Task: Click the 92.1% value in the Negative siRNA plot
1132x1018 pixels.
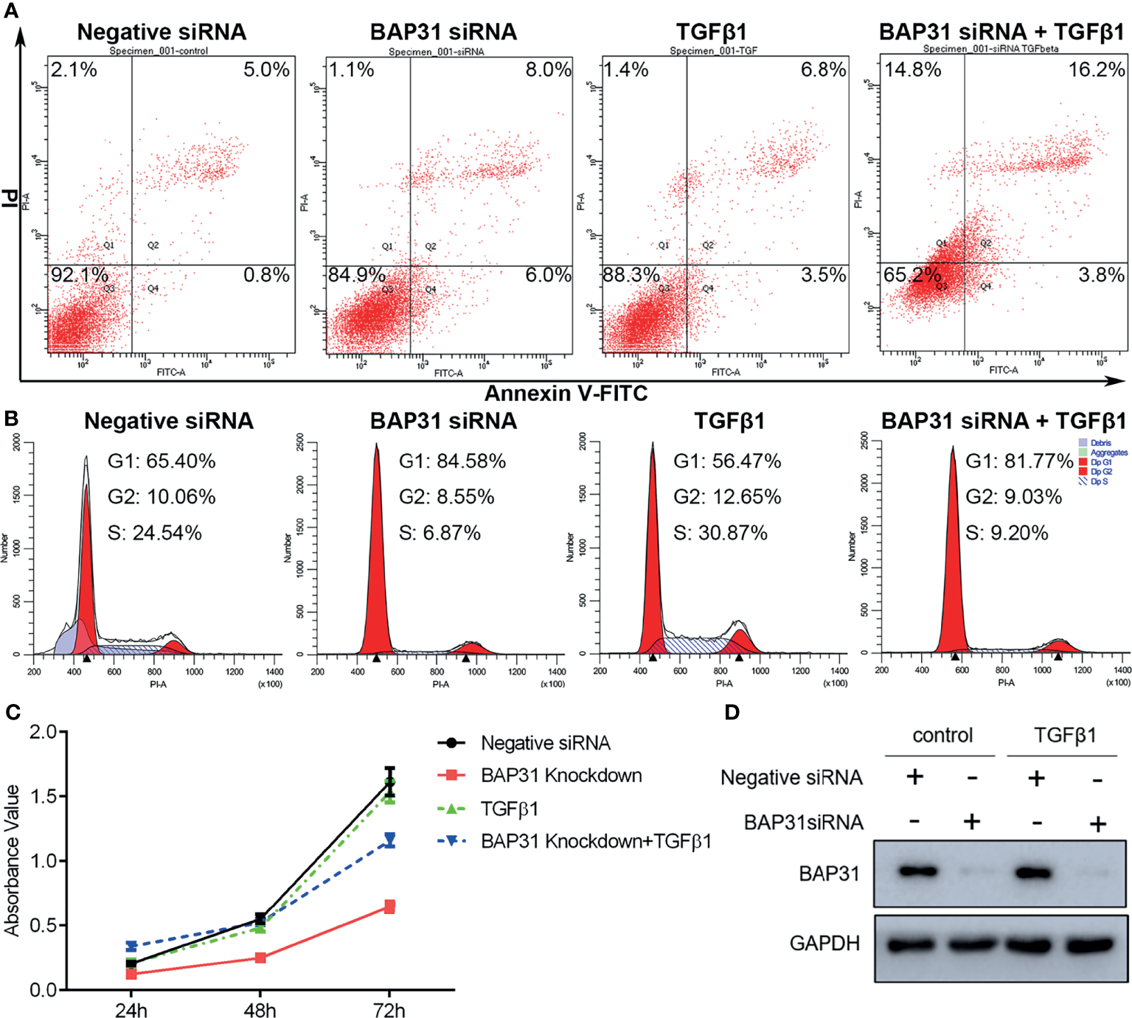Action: point(80,276)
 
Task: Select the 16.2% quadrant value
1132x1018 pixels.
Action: point(1097,70)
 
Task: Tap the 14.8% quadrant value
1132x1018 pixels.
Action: point(913,70)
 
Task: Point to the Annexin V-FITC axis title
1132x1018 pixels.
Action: point(566,394)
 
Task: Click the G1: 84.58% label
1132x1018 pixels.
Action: point(452,461)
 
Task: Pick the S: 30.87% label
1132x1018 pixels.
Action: point(720,533)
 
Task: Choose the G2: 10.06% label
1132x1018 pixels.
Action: point(162,497)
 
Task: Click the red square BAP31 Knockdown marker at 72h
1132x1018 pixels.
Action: point(389,907)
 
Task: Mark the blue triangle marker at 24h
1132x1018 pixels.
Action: point(131,946)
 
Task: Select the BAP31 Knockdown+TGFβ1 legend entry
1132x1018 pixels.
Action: point(595,841)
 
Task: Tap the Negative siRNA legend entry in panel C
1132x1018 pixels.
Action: point(545,743)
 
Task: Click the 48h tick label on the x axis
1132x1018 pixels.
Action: point(260,1009)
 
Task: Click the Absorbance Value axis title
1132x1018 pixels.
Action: point(12,860)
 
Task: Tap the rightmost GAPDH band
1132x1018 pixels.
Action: point(1097,944)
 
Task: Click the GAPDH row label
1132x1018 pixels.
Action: point(824,944)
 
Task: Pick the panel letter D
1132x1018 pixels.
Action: point(732,712)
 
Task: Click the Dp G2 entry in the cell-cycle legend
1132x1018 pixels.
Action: point(1101,472)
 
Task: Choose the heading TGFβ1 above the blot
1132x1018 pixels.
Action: point(1064,735)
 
